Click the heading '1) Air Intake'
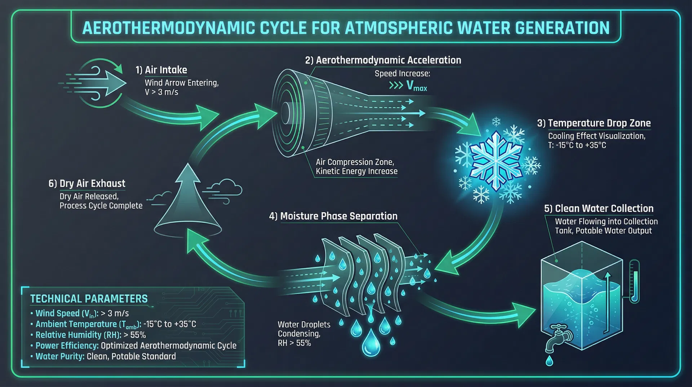point(161,70)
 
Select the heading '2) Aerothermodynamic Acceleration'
point(383,60)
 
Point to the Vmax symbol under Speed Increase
point(416,86)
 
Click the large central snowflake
point(496,161)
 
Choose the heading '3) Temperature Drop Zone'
point(594,123)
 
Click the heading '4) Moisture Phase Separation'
point(333,216)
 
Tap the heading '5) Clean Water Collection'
point(599,209)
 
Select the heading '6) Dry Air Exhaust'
point(87,183)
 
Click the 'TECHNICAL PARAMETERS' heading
point(89,299)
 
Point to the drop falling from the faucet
point(549,360)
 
